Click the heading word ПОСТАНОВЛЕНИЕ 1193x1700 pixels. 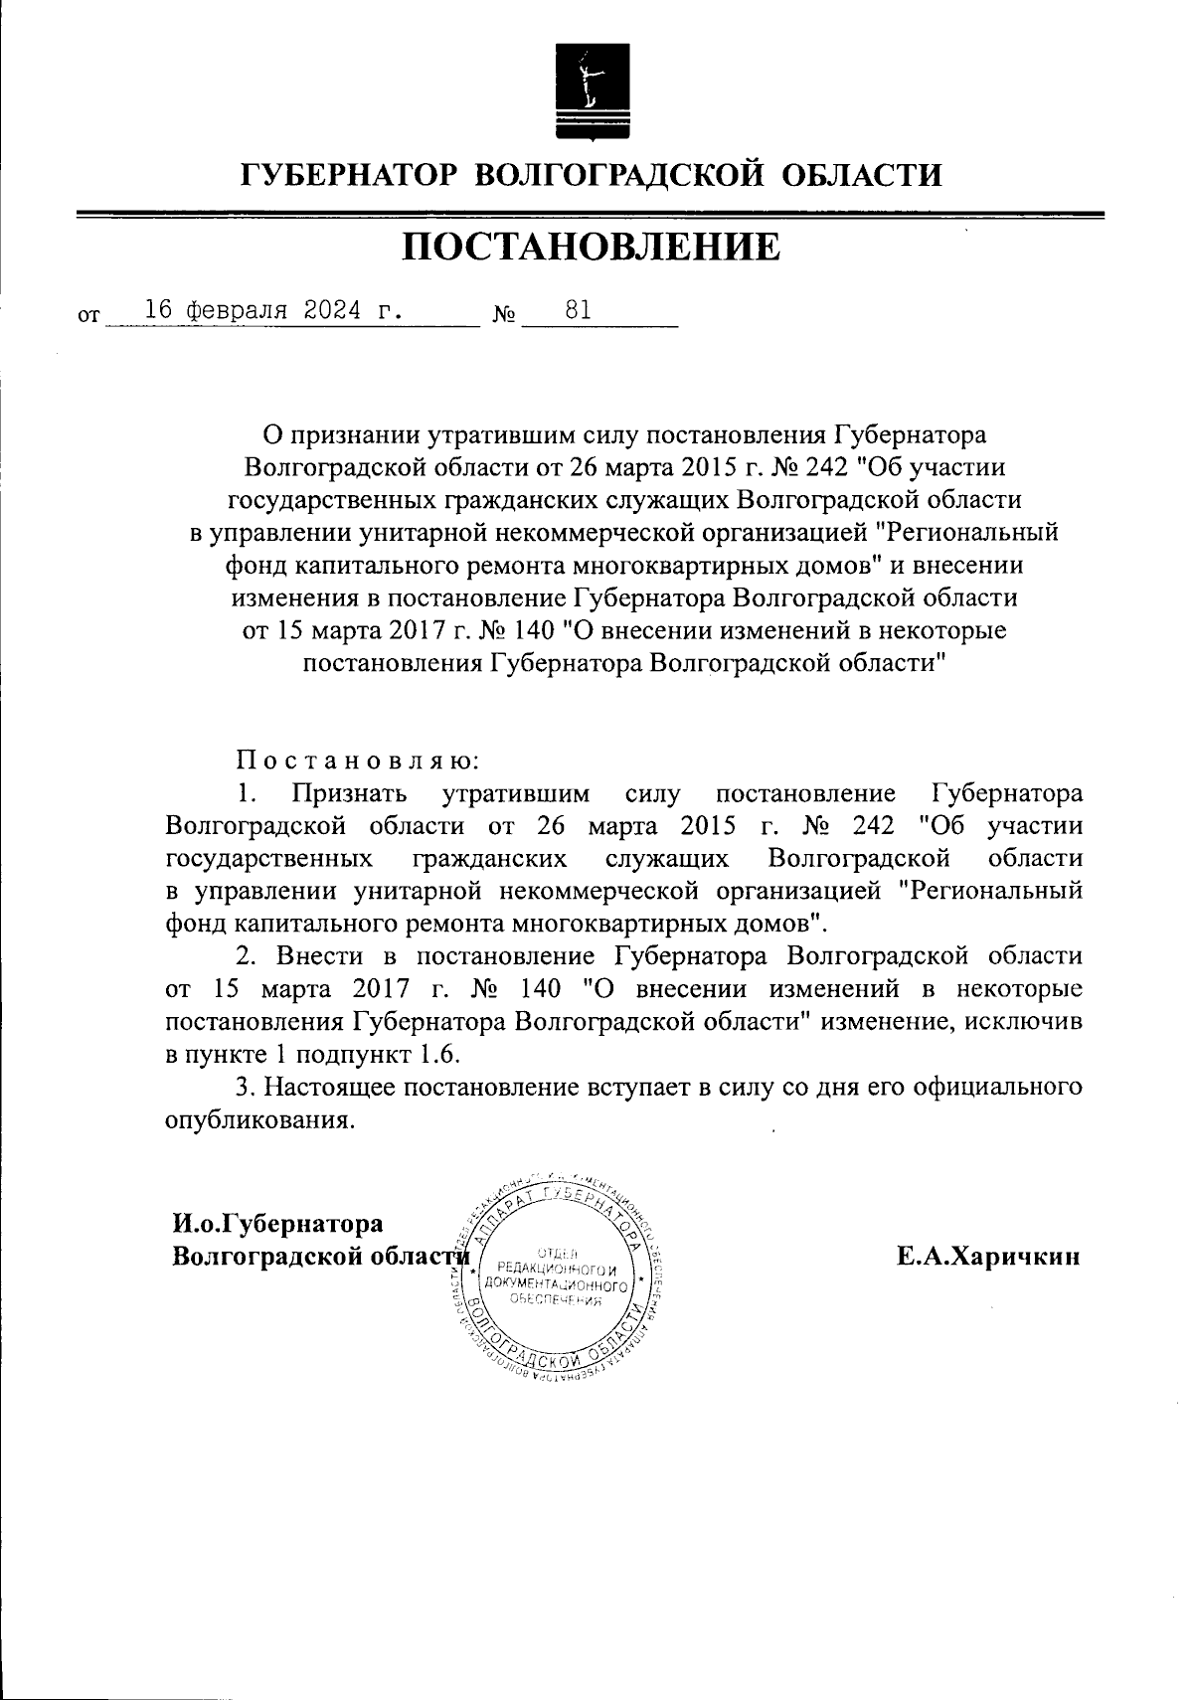click(x=591, y=248)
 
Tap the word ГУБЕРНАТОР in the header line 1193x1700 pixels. click(x=349, y=176)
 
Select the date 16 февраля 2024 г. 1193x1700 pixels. click(x=274, y=309)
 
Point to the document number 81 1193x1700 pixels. click(x=578, y=309)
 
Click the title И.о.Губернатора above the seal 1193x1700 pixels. click(x=277, y=1223)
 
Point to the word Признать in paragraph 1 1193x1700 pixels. click(x=349, y=794)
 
